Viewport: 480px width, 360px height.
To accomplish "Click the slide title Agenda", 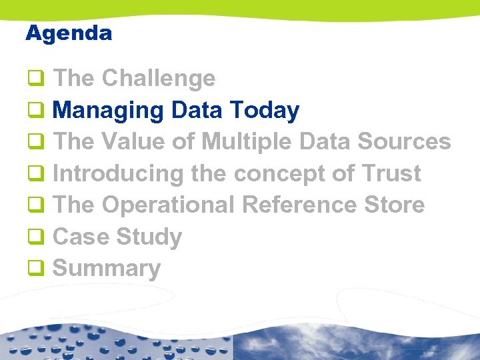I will [69, 33].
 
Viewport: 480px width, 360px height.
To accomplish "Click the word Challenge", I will [159, 79].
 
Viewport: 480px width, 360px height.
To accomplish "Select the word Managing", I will [109, 111].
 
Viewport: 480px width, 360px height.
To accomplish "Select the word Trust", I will [392, 174].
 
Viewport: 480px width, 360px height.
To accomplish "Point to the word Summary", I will [107, 269].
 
